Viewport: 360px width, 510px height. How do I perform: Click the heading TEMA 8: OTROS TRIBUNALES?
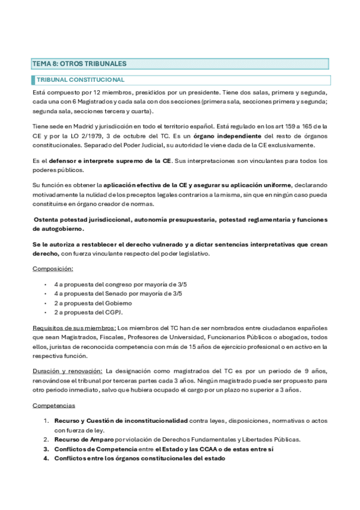click(79, 63)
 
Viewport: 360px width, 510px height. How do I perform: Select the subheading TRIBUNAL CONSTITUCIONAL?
click(81, 79)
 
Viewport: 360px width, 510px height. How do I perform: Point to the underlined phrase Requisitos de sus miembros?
click(75, 328)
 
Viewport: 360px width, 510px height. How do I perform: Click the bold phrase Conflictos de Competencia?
click(96, 449)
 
